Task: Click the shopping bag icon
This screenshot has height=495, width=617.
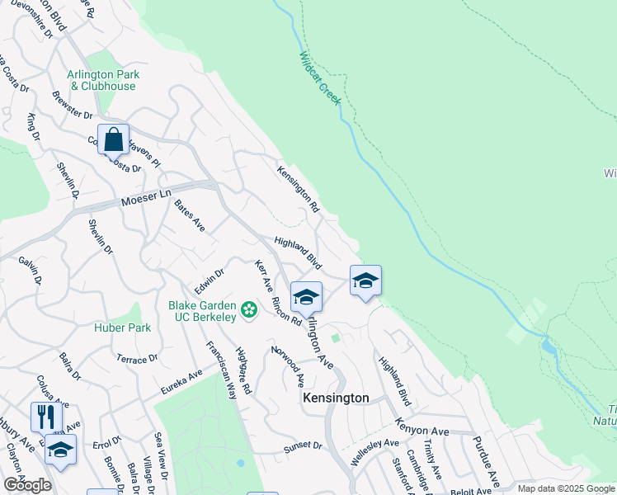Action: click(x=113, y=139)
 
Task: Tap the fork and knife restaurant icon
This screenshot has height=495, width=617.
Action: click(x=46, y=417)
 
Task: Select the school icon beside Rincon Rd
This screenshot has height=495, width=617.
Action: click(x=306, y=298)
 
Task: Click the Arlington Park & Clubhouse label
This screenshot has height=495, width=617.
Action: click(x=105, y=80)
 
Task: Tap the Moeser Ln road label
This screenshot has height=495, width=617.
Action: click(x=144, y=200)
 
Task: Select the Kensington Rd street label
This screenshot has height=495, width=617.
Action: click(x=298, y=188)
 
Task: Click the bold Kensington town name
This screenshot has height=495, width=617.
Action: click(x=336, y=398)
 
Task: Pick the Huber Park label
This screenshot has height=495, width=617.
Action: click(x=116, y=328)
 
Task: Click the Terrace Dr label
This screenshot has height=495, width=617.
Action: click(x=136, y=360)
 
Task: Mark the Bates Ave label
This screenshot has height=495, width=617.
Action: click(x=190, y=215)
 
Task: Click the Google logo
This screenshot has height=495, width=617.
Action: click(x=27, y=485)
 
